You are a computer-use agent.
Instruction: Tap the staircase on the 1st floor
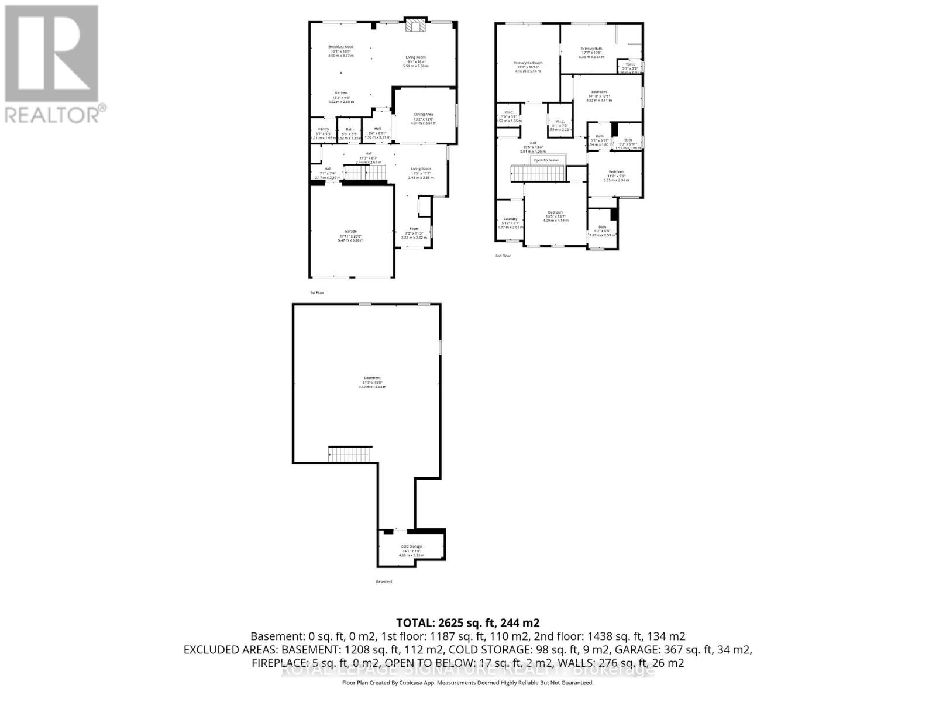365,173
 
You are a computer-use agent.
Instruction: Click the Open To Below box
546,160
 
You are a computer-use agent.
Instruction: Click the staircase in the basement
350,454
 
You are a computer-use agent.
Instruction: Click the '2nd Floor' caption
503,256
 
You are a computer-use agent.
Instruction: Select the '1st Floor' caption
316,292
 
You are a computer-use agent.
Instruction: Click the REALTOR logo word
53,114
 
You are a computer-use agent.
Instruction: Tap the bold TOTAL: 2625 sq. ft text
467,622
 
